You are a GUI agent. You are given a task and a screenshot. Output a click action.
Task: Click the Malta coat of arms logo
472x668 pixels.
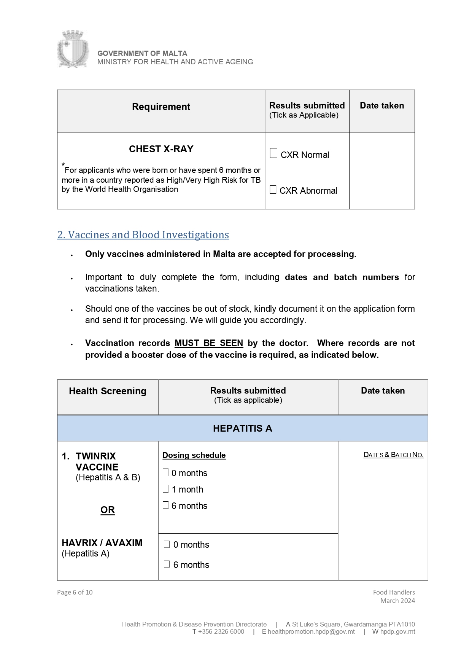pos(73,49)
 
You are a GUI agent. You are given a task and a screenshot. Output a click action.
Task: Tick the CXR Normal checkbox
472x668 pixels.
pos(273,153)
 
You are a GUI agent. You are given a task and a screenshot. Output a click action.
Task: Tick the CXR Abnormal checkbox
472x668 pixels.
pos(273,190)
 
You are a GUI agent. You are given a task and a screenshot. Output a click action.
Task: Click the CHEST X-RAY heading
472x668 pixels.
pos(161,149)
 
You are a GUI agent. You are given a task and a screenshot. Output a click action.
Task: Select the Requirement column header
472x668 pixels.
pos(161,107)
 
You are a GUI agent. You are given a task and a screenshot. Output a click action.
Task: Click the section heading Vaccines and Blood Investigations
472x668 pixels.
pos(143,235)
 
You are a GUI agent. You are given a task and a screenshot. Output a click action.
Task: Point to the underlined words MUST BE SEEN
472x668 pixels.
pos(208,343)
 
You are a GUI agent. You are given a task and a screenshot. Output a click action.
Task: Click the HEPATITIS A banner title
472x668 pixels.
pos(242,428)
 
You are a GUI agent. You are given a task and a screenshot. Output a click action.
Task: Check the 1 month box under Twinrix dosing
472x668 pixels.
pos(166,489)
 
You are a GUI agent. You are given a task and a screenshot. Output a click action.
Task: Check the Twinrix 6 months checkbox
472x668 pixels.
pos(166,505)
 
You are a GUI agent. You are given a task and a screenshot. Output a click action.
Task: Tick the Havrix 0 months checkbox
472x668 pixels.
pos(167,544)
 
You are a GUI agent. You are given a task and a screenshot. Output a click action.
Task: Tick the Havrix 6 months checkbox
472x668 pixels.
pos(167,564)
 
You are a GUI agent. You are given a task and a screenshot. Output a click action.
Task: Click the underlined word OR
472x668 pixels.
pos(108,510)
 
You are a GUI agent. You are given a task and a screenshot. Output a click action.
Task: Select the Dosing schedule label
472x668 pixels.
pos(194,455)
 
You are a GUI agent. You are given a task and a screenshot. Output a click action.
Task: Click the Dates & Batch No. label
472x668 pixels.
pos(393,455)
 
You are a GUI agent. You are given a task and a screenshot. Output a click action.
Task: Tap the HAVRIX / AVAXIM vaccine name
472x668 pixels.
pos(102,543)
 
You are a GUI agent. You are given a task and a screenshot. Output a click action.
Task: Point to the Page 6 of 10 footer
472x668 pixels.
pos(75,592)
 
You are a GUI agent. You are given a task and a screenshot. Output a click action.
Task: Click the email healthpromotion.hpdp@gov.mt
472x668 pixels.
pos(311,631)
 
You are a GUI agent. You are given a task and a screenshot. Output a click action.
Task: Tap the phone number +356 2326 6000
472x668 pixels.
pos(221,631)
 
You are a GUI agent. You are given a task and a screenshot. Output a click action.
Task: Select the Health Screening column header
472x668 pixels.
pos(108,391)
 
